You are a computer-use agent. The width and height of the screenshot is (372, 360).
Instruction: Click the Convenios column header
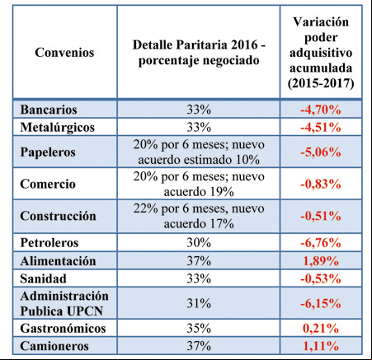click(x=64, y=52)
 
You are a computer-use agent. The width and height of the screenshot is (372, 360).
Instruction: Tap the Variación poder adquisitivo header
click(x=321, y=52)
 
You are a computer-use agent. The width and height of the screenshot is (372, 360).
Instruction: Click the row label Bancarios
click(x=49, y=110)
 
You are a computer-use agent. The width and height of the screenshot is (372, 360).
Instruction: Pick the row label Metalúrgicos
click(x=57, y=127)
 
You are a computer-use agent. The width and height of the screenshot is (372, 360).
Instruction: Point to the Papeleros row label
click(x=48, y=152)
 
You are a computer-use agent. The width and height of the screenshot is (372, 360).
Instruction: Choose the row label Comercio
click(x=48, y=184)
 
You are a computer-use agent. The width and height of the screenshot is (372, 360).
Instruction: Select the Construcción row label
click(x=58, y=216)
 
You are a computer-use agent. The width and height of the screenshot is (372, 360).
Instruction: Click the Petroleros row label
click(x=49, y=243)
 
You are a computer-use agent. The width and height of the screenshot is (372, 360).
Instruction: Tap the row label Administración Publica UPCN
click(x=64, y=303)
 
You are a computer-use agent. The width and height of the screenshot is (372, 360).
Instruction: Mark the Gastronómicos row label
click(x=63, y=329)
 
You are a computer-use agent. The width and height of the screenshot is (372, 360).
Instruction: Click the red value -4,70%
click(x=321, y=110)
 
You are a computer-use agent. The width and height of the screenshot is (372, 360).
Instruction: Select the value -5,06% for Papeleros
click(x=321, y=152)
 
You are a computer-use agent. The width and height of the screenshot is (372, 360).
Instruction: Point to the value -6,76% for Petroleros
click(x=321, y=243)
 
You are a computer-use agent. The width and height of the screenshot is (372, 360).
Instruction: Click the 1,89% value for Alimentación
click(x=321, y=261)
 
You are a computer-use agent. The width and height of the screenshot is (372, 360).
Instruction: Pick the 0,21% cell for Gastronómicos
click(x=321, y=329)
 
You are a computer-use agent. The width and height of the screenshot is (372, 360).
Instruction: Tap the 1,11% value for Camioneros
click(x=321, y=346)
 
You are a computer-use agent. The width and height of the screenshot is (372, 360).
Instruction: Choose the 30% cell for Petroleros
click(x=199, y=243)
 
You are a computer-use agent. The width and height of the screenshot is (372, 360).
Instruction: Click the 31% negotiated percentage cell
click(x=199, y=303)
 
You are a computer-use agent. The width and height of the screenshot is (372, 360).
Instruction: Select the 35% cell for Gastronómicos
click(x=199, y=329)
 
